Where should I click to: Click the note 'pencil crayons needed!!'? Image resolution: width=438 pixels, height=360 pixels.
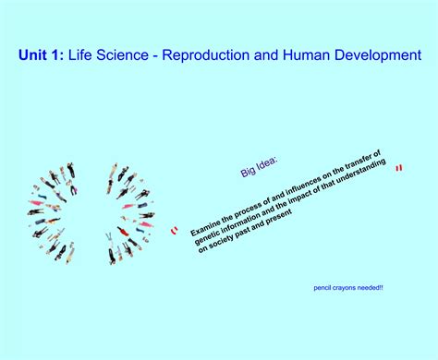(x=349, y=287)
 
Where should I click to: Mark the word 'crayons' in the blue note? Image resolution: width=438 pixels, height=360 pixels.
(x=345, y=287)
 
